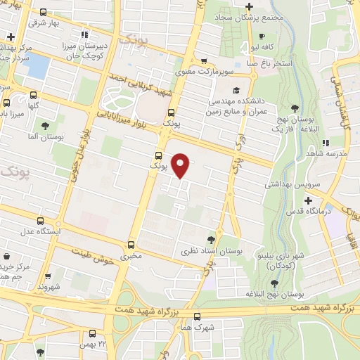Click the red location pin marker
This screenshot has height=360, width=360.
pos(181,165)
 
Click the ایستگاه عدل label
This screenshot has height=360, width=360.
pos(45,231)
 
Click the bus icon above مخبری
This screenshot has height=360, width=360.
pos(131,245)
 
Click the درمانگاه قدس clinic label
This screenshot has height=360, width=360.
pos(309,210)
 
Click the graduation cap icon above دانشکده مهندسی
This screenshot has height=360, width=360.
pos(237,91)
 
